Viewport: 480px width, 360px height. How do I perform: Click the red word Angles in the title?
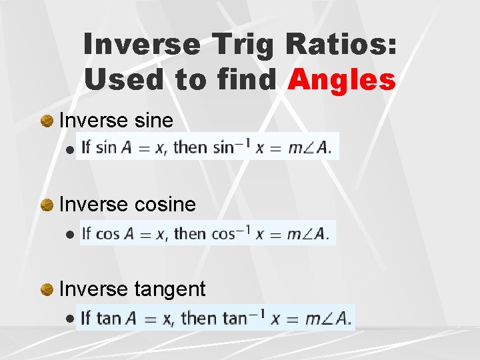(341, 80)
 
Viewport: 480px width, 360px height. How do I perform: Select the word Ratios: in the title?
(342, 45)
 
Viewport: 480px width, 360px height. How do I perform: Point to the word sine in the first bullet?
(154, 121)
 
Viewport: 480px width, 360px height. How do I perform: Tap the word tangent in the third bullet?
(170, 289)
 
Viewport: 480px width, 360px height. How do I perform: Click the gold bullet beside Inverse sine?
(47, 121)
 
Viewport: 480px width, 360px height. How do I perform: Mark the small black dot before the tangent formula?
(70, 319)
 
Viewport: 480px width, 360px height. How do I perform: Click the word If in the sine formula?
(86, 147)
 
